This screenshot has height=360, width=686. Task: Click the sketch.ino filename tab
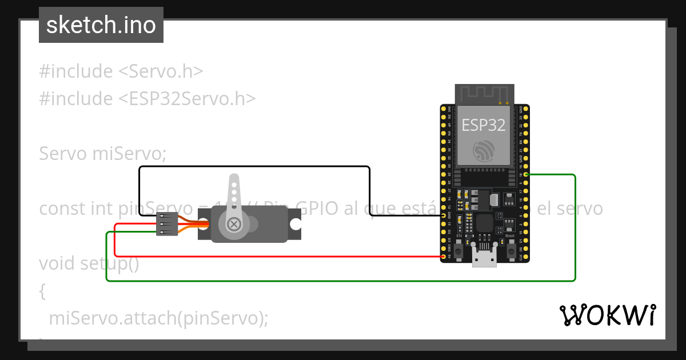(x=101, y=25)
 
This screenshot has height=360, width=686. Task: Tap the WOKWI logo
(x=607, y=315)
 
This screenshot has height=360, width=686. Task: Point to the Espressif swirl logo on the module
(x=484, y=151)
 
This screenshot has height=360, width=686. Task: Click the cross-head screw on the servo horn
(x=233, y=223)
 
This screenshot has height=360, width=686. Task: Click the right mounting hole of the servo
(x=295, y=224)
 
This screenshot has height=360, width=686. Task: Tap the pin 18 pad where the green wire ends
(x=526, y=174)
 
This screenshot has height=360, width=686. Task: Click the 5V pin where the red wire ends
(x=444, y=257)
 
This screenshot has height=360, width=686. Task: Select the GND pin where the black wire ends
(x=444, y=215)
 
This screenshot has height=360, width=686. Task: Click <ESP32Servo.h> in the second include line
(x=187, y=98)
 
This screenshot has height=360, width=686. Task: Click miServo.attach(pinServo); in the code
(x=158, y=318)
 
